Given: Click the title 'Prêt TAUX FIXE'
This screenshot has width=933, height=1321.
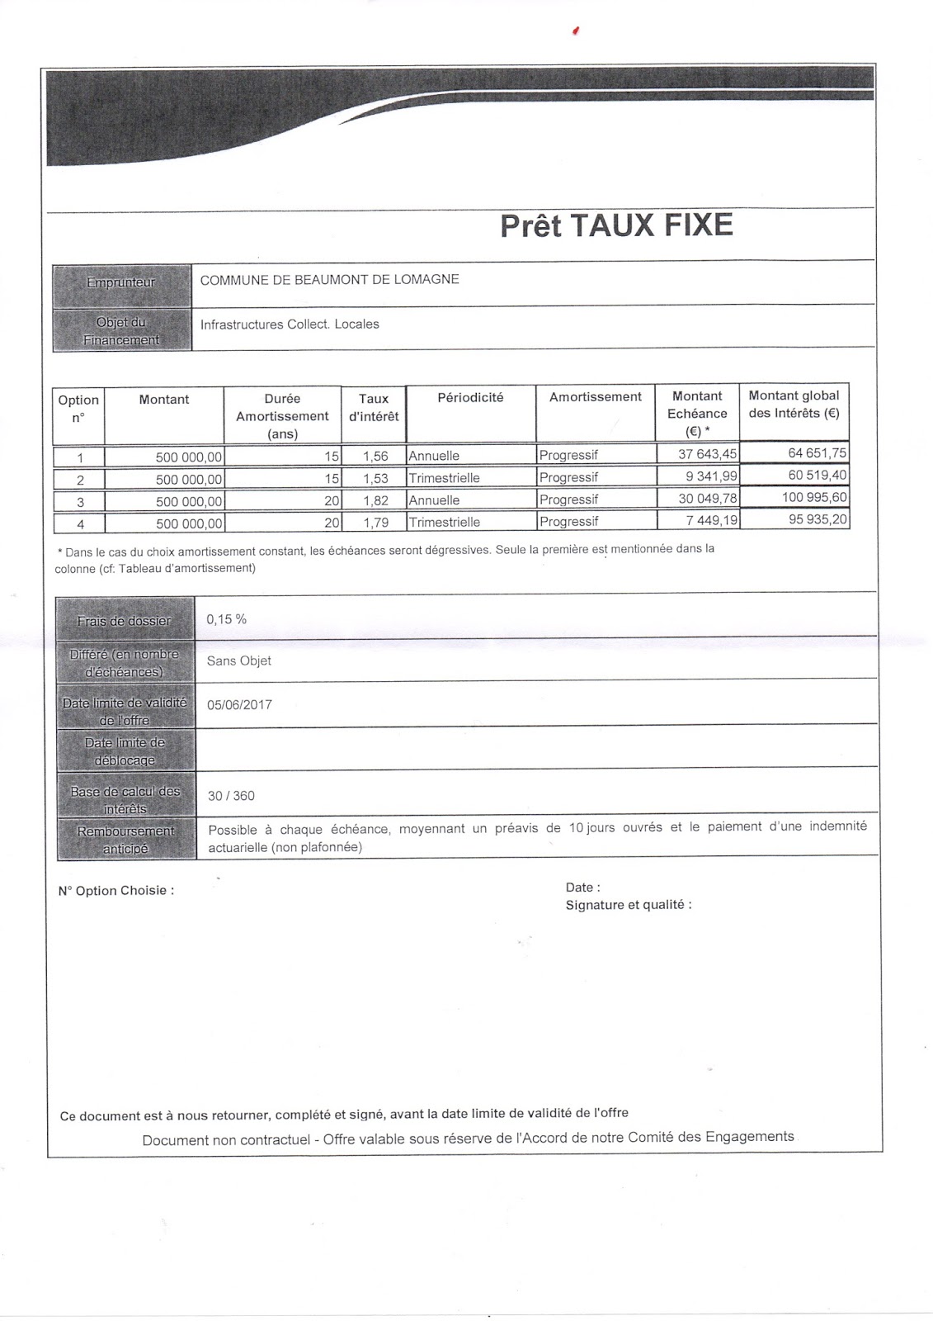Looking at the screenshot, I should click(x=616, y=225).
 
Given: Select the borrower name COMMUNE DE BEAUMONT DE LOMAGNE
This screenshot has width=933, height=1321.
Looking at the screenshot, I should click(x=329, y=279).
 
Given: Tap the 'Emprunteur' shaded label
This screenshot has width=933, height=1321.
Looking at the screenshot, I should click(x=121, y=282).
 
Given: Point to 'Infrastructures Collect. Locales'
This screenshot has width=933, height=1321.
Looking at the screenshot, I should click(x=290, y=324).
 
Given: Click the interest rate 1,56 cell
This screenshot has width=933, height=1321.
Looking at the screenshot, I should click(x=374, y=456).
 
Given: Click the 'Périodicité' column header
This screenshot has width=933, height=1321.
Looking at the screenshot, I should click(x=470, y=397).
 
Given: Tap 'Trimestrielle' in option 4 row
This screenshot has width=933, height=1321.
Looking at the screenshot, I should click(x=444, y=522).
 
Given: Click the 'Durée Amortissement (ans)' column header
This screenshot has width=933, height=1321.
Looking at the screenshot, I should click(x=282, y=416).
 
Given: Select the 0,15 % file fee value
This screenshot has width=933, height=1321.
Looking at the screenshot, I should click(x=227, y=619).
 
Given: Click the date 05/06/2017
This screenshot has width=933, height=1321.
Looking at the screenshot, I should click(x=239, y=705).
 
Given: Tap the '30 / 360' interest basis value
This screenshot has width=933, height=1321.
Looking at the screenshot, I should click(x=231, y=796).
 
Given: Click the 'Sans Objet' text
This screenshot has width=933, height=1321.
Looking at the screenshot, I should click(x=238, y=660).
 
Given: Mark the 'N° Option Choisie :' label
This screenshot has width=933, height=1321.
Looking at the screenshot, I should click(x=116, y=891).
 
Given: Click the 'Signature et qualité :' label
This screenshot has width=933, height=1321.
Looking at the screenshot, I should click(x=629, y=905).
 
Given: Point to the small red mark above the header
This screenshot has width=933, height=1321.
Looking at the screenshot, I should click(x=576, y=31).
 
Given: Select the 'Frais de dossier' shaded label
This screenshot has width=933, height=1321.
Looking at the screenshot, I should click(x=125, y=621).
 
